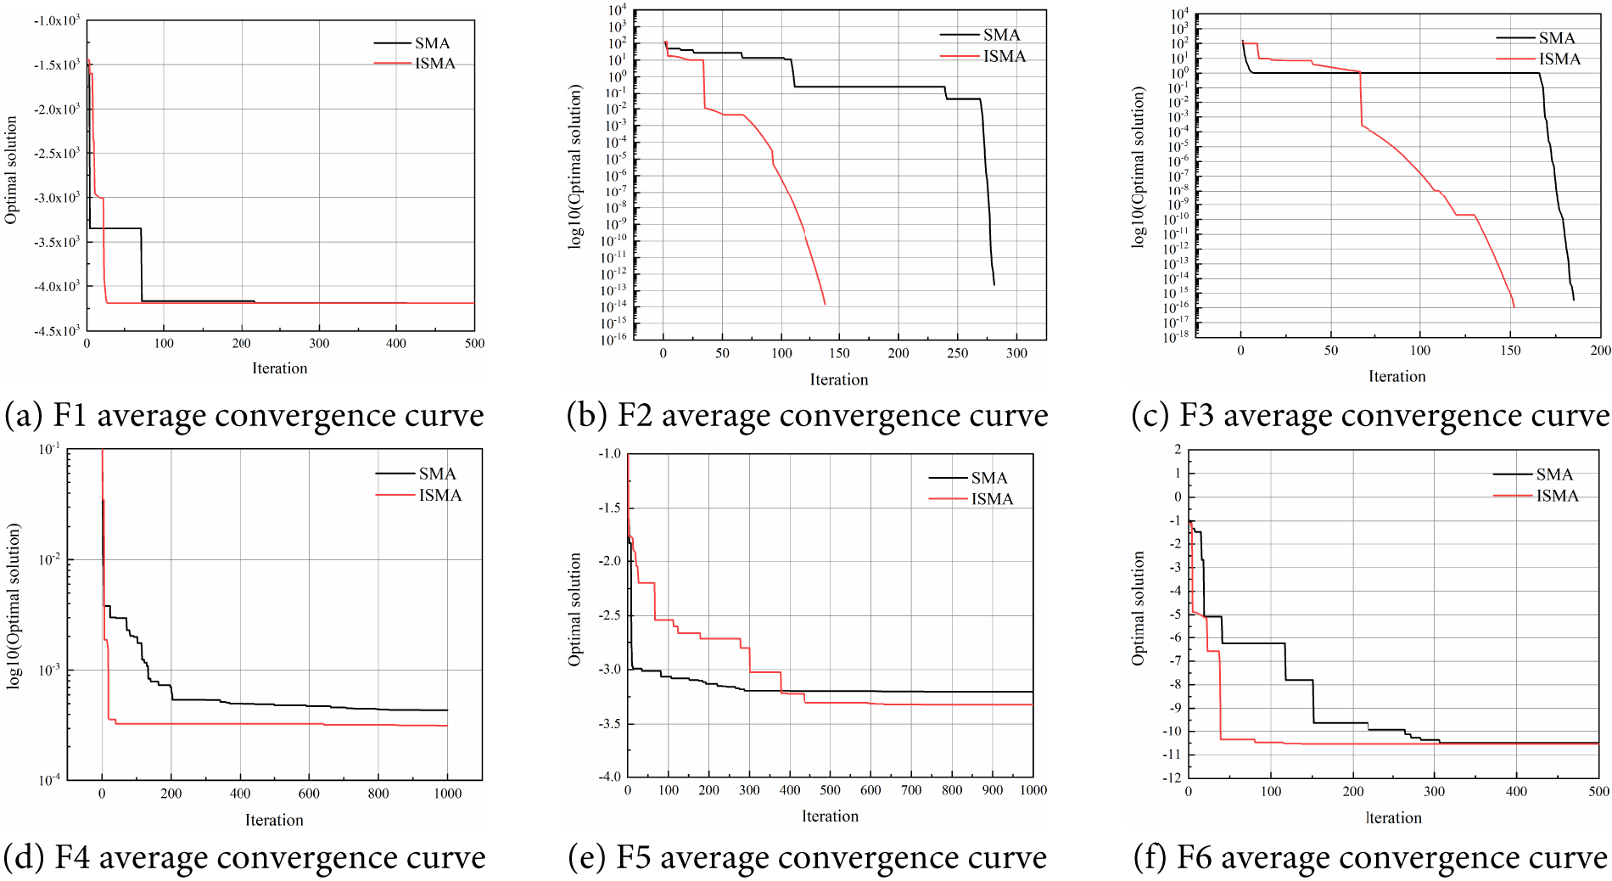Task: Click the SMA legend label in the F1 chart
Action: point(432,42)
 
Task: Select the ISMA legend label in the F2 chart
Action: point(1005,56)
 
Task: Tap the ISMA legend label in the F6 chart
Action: point(1557,496)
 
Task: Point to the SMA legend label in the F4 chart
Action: point(437,474)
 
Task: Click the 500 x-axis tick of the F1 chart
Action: point(474,344)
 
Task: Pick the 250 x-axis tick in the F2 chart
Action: point(957,353)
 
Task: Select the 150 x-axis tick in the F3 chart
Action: point(1510,351)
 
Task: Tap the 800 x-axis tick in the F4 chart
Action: point(378,794)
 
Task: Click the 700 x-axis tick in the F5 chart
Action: point(911,790)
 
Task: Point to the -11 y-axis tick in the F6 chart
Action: point(1173,755)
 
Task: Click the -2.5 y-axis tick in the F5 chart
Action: point(609,614)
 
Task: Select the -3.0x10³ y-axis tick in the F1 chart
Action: point(57,198)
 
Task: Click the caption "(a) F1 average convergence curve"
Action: point(244,416)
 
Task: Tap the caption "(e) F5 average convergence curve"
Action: point(807,857)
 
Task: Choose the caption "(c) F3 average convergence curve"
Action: point(1370,416)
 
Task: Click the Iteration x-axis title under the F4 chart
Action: point(274,820)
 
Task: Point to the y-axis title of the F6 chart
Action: point(1139,608)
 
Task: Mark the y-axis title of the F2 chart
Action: point(575,166)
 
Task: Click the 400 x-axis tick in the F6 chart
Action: point(1516,791)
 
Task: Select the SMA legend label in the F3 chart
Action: point(1557,38)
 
